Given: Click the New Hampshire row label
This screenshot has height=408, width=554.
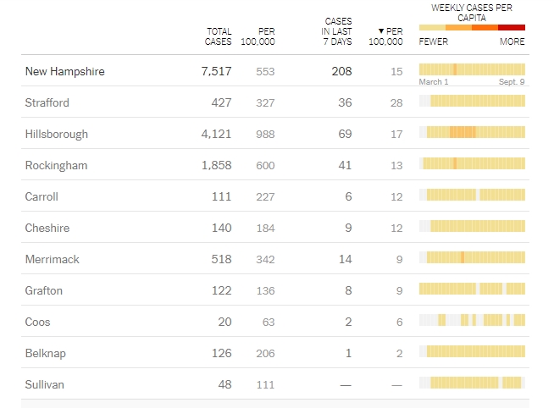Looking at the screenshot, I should point(65,71).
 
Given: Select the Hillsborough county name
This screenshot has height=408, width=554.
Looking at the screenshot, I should point(57,134).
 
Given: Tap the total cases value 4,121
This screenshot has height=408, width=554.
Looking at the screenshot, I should point(216,134).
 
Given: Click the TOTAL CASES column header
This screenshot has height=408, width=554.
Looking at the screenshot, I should point(219,36).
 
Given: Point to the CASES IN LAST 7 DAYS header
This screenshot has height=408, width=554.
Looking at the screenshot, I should point(338,31).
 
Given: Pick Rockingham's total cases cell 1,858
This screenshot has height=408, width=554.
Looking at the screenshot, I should point(216,165).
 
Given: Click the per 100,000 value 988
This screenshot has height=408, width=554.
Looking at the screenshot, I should point(265,134).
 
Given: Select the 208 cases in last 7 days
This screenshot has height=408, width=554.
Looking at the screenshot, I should point(341,71).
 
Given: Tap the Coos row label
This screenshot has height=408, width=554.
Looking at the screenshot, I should point(39,322).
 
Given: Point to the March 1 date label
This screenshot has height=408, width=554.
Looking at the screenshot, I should point(434,82).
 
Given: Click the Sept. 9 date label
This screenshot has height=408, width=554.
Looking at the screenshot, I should point(511,82).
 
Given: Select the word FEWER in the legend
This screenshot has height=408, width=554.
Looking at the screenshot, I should point(434,41).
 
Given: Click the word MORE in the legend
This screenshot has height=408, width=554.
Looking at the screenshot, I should point(512,41).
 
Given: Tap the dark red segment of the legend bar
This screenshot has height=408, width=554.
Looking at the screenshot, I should point(512,28).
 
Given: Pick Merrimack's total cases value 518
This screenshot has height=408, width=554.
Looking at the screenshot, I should point(221,259).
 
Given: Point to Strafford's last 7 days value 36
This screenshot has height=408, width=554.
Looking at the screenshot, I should point(344,102).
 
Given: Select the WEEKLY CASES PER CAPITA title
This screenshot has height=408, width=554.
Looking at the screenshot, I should point(472,12).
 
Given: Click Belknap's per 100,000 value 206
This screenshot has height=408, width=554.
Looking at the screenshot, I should point(265,353).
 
